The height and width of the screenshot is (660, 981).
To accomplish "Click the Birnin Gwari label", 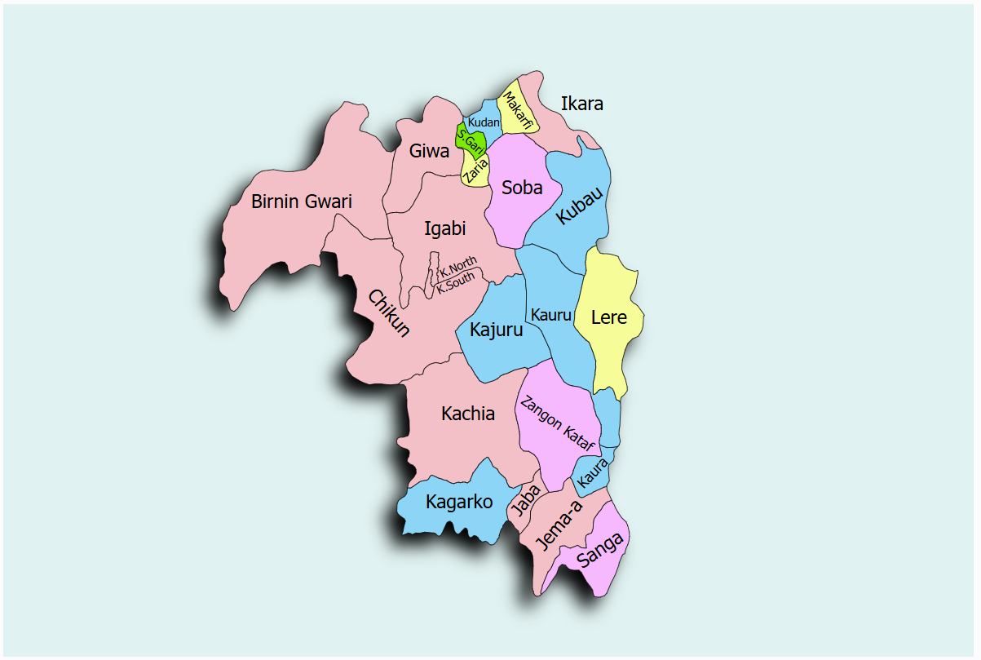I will [302, 202].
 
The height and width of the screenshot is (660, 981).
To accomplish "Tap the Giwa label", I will [430, 152].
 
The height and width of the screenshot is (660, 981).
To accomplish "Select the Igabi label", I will [444, 229].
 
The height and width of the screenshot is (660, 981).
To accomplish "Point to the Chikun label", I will [389, 313].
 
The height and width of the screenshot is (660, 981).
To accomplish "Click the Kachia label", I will [468, 414].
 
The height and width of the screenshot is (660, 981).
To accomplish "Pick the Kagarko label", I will [459, 502].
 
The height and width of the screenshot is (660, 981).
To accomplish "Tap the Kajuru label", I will [496, 331].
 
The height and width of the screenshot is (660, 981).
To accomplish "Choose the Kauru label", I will [550, 315].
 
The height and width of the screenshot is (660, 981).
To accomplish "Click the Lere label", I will [609, 317].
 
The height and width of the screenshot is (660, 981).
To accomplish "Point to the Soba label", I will [522, 188].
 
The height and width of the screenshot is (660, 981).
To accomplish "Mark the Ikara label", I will [582, 104].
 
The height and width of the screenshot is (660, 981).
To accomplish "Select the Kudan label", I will [484, 122].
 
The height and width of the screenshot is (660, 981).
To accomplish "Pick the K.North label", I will [458, 266].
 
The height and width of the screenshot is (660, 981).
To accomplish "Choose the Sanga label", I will [601, 550].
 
